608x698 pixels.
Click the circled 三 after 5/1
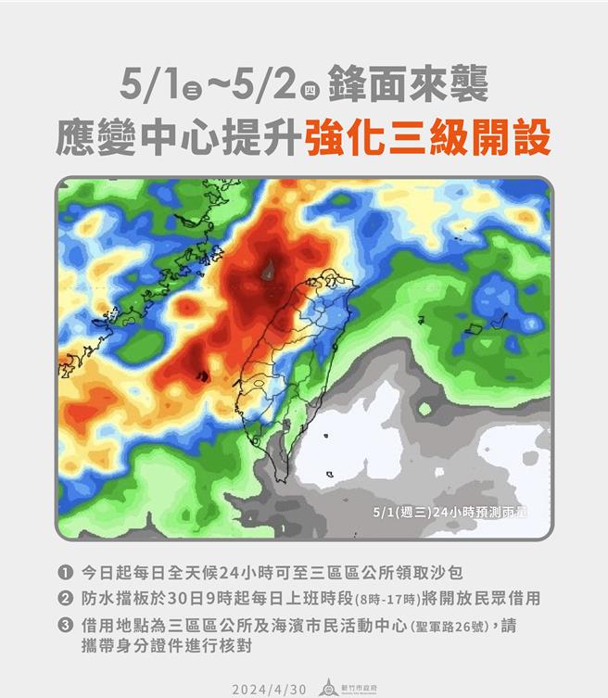[x=193, y=92]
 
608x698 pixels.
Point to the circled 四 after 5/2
[x=312, y=92]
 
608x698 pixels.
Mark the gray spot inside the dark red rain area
[x=269, y=271]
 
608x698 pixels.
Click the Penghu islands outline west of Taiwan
[x=202, y=375]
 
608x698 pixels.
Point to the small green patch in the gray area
[x=425, y=408]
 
